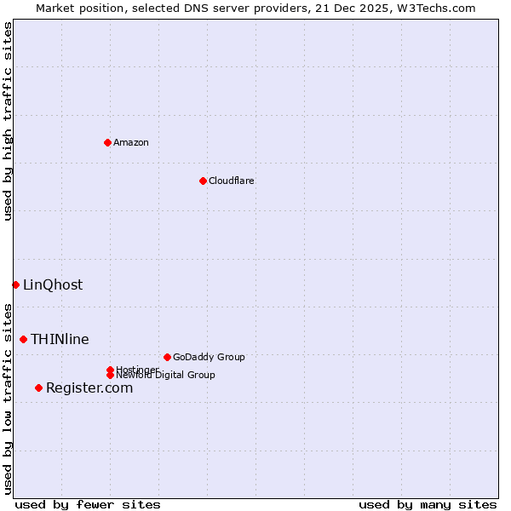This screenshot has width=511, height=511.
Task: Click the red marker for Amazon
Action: click(x=107, y=142)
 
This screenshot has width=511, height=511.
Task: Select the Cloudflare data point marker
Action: click(x=203, y=181)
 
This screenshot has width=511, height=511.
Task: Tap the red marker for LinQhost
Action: click(x=15, y=284)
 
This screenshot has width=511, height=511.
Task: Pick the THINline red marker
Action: click(x=23, y=339)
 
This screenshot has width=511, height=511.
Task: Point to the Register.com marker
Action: click(x=38, y=388)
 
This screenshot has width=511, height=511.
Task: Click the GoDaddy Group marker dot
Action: click(x=167, y=357)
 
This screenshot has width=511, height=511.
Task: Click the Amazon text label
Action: click(x=131, y=142)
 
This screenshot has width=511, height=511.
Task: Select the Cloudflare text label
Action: click(x=232, y=181)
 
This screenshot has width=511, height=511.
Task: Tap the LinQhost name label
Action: click(x=53, y=284)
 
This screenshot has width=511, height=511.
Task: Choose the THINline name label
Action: click(x=60, y=339)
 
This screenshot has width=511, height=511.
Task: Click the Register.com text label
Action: click(x=89, y=388)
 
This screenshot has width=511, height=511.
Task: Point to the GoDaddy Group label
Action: click(x=209, y=357)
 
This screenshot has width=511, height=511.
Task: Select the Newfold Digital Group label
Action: click(x=166, y=376)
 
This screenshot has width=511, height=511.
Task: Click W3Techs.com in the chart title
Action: click(x=434, y=8)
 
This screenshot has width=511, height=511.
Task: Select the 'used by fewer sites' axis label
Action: click(x=88, y=504)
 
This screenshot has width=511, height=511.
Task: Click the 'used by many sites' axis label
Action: click(x=428, y=504)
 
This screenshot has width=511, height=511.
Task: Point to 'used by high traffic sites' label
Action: click(x=8, y=122)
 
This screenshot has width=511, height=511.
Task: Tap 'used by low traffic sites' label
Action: click(x=8, y=399)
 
